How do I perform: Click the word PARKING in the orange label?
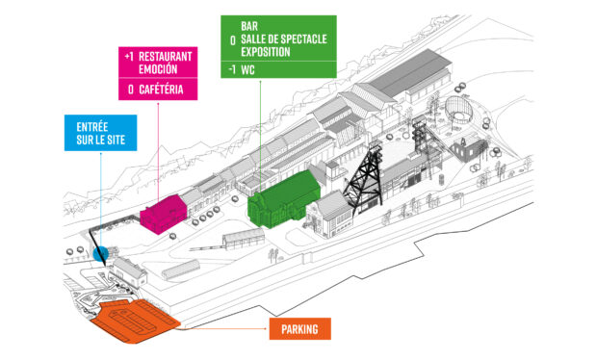coord(298,329)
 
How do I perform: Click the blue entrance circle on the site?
coord(102,254)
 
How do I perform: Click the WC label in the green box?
coord(249,70)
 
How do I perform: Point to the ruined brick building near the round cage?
coord(471,149)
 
